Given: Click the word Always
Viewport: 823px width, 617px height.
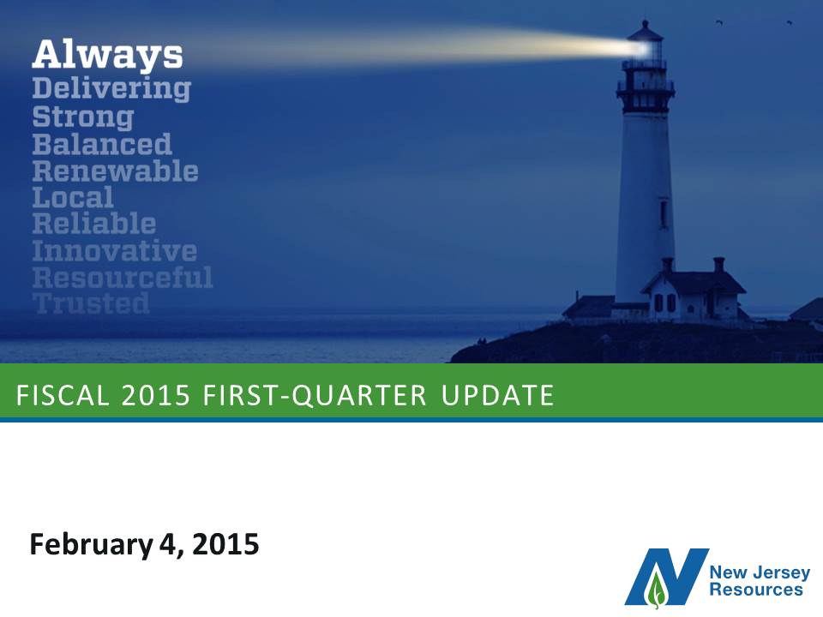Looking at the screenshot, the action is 108,55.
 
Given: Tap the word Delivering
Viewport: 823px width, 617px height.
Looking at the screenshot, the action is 111,88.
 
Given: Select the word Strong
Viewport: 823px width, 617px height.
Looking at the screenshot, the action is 83,117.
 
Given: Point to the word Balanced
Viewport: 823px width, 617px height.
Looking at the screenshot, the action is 102,144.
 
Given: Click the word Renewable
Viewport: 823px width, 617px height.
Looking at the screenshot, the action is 116,171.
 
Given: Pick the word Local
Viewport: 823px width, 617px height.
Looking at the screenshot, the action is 72,197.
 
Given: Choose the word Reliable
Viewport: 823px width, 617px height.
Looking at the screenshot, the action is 94,224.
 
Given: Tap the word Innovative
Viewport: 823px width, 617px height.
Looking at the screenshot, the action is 114,250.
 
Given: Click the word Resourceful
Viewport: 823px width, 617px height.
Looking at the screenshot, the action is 123,277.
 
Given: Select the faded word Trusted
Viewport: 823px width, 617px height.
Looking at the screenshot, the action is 91,303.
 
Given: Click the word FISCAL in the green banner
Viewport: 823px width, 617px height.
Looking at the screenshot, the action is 63,396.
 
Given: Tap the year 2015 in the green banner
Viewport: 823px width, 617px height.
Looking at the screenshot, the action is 155,396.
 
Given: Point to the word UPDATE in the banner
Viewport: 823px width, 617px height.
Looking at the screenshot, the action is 497,396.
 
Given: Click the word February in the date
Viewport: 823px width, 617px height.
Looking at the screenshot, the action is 91,545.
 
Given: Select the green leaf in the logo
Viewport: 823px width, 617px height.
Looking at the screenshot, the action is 656,588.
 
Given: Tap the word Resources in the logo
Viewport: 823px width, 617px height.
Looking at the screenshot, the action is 756,590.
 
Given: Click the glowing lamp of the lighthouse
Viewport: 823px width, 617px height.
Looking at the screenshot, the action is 645,48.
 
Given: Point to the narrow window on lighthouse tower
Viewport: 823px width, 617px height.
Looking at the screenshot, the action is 664,214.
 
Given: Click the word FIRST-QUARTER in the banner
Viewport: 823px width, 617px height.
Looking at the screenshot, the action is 315,396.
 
